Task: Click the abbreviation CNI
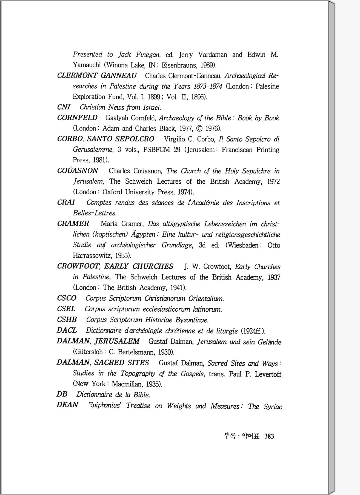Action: [64, 107]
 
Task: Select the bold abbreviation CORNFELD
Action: [77, 118]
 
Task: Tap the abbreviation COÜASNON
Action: [78, 171]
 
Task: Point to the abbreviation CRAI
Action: [66, 203]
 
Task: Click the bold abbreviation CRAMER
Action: [73, 224]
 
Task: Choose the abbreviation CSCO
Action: [67, 298]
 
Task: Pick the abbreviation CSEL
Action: [66, 309]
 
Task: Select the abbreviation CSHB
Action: [67, 320]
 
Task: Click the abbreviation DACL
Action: [67, 331]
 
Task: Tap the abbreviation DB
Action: [62, 394]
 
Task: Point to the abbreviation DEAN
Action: [67, 405]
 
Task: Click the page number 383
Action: [269, 436]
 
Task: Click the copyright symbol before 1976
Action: [200, 129]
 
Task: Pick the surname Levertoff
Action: [268, 374]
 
